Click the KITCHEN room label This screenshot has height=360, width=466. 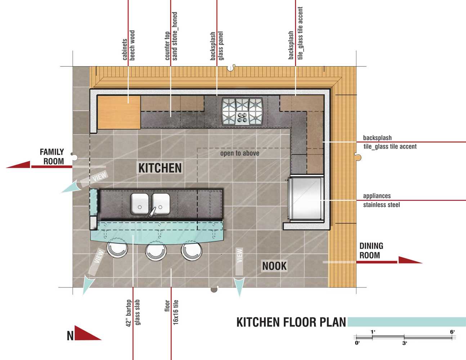(x=160, y=168)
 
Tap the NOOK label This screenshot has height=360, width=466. (x=274, y=266)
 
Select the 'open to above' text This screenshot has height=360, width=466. (x=239, y=153)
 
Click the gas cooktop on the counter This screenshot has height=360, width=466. (x=242, y=111)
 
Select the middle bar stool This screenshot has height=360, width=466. (x=156, y=251)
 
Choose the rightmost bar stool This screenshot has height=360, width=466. (x=191, y=251)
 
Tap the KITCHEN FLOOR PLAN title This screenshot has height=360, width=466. (x=291, y=322)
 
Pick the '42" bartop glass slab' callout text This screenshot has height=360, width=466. (x=133, y=313)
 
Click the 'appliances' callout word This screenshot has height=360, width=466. (x=377, y=196)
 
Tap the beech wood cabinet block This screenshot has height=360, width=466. (x=119, y=112)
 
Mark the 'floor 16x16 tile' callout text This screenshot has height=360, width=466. (x=171, y=312)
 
